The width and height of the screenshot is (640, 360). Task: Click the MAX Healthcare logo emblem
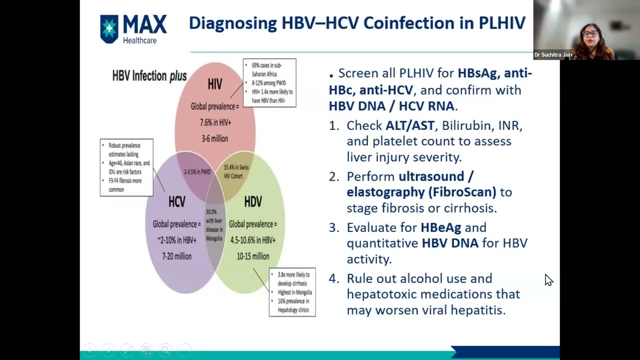[109, 28]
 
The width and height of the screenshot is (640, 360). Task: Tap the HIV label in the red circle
[215, 84]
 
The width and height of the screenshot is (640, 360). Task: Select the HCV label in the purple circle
[176, 201]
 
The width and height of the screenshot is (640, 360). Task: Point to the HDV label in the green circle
[253, 201]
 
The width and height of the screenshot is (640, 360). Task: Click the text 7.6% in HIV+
[215, 122]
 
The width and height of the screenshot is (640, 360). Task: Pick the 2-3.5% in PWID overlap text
[197, 172]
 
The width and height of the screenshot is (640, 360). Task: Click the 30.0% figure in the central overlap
[211, 212]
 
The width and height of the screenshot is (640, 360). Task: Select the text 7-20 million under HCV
[176, 256]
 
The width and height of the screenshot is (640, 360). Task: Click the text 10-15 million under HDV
[253, 256]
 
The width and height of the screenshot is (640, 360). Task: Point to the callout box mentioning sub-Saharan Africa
[269, 83]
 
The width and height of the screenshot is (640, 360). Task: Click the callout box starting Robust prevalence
[126, 167]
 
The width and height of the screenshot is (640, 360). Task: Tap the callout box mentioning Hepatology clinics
[292, 292]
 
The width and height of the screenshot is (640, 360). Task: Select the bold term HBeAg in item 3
[440, 227]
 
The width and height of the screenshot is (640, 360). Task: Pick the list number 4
[333, 278]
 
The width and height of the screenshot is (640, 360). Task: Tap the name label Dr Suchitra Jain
[552, 55]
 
